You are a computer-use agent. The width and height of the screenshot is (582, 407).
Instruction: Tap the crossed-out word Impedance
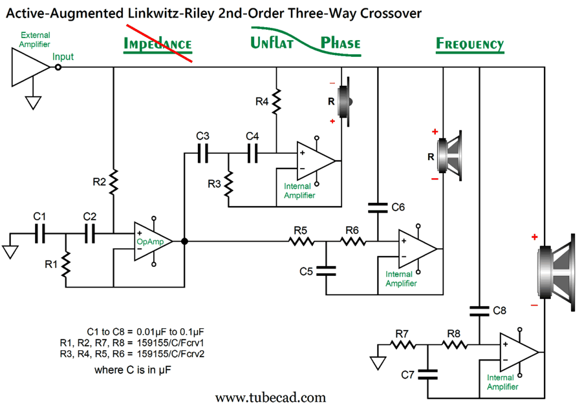click(158, 44)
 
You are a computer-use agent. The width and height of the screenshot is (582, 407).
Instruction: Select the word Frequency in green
click(469, 44)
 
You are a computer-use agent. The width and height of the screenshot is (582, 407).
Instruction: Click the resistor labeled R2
click(113, 182)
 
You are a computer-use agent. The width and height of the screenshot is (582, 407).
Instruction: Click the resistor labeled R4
click(277, 101)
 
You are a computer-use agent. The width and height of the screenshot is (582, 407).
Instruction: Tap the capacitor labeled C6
click(378, 208)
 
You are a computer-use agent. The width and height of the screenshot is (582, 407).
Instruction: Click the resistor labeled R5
click(301, 242)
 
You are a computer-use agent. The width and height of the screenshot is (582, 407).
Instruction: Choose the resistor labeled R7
click(402, 346)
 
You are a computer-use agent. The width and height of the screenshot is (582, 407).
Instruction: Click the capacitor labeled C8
click(480, 311)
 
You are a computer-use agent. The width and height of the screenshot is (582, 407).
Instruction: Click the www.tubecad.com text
click(270, 397)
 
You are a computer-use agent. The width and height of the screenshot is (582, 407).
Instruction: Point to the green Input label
click(63, 57)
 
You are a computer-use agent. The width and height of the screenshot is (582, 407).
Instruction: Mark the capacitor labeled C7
click(428, 374)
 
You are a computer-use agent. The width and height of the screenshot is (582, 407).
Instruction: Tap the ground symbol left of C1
click(10, 250)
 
